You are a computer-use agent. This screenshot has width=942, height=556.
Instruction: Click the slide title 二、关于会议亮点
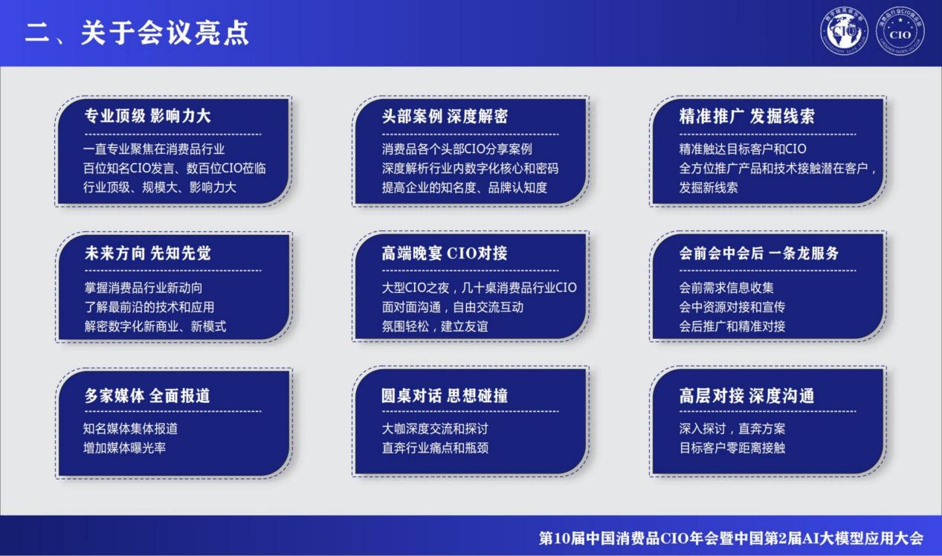137,33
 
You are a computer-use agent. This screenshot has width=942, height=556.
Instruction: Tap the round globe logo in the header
844,32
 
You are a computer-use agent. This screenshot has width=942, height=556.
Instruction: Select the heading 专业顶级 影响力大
147,116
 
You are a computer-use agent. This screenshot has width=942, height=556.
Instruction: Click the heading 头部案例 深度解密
445,116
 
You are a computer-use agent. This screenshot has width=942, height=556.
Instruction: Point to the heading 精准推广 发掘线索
746,116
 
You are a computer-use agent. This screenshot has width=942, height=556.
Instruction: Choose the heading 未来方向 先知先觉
147,253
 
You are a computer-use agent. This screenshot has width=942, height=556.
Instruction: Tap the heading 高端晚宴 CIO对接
444,253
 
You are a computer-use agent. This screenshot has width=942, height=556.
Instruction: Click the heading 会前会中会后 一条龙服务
758,253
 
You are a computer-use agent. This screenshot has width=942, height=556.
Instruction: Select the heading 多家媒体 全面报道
147,395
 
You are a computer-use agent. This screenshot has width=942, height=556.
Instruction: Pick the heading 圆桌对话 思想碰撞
444,395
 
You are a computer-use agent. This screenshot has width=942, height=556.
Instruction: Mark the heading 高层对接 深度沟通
746,395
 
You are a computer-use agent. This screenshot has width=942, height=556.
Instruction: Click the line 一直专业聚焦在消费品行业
154,149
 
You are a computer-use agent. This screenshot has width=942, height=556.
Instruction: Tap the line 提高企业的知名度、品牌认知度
464,187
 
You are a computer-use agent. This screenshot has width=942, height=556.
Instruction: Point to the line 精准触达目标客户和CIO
742,149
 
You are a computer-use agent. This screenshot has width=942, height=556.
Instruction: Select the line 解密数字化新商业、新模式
155,326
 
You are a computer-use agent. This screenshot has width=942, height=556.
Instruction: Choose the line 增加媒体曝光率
124,447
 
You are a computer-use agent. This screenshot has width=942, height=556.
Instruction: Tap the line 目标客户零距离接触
732,447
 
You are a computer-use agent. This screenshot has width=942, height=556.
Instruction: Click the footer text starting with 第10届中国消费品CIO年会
730,538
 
